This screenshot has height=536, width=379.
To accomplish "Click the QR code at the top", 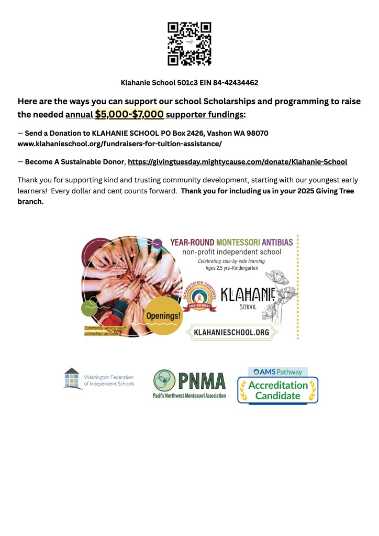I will pos(189,43).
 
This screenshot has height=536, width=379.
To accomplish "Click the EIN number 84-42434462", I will pos(236,83).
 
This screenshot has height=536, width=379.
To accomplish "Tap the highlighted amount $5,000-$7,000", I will pos(129,114).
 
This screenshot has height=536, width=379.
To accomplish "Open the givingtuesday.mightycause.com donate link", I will pos(237,162).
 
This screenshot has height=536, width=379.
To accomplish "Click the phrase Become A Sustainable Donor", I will pos(75,162).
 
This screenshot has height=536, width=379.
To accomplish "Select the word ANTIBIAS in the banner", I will pos(275,243).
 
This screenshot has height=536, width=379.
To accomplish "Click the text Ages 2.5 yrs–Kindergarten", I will pos(232,268).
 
